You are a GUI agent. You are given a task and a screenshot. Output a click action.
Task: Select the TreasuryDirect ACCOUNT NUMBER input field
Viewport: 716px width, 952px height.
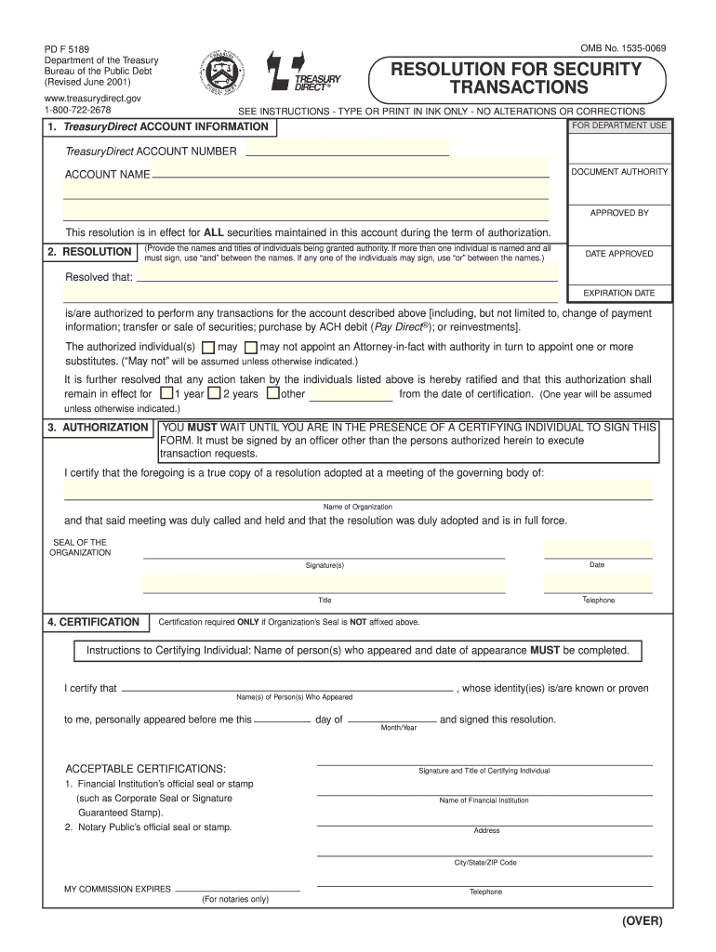tap(346, 150)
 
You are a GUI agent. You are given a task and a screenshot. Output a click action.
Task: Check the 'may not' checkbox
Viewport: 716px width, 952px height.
tap(250, 347)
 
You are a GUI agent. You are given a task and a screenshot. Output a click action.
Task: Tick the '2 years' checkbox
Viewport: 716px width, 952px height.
tap(214, 393)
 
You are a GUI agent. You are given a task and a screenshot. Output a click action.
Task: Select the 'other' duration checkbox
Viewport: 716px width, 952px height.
tap(272, 393)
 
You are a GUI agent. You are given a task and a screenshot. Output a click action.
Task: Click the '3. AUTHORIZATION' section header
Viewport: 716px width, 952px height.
tap(98, 428)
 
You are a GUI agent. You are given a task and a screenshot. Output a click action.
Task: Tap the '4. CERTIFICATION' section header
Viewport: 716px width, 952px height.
tap(94, 622)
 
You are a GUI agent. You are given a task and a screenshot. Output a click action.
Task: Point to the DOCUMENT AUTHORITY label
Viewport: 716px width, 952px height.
tap(619, 172)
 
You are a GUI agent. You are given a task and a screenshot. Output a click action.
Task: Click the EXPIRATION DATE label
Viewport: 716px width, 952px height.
tap(619, 293)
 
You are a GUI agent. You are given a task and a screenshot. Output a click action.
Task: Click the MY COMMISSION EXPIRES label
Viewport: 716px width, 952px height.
tap(117, 889)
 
